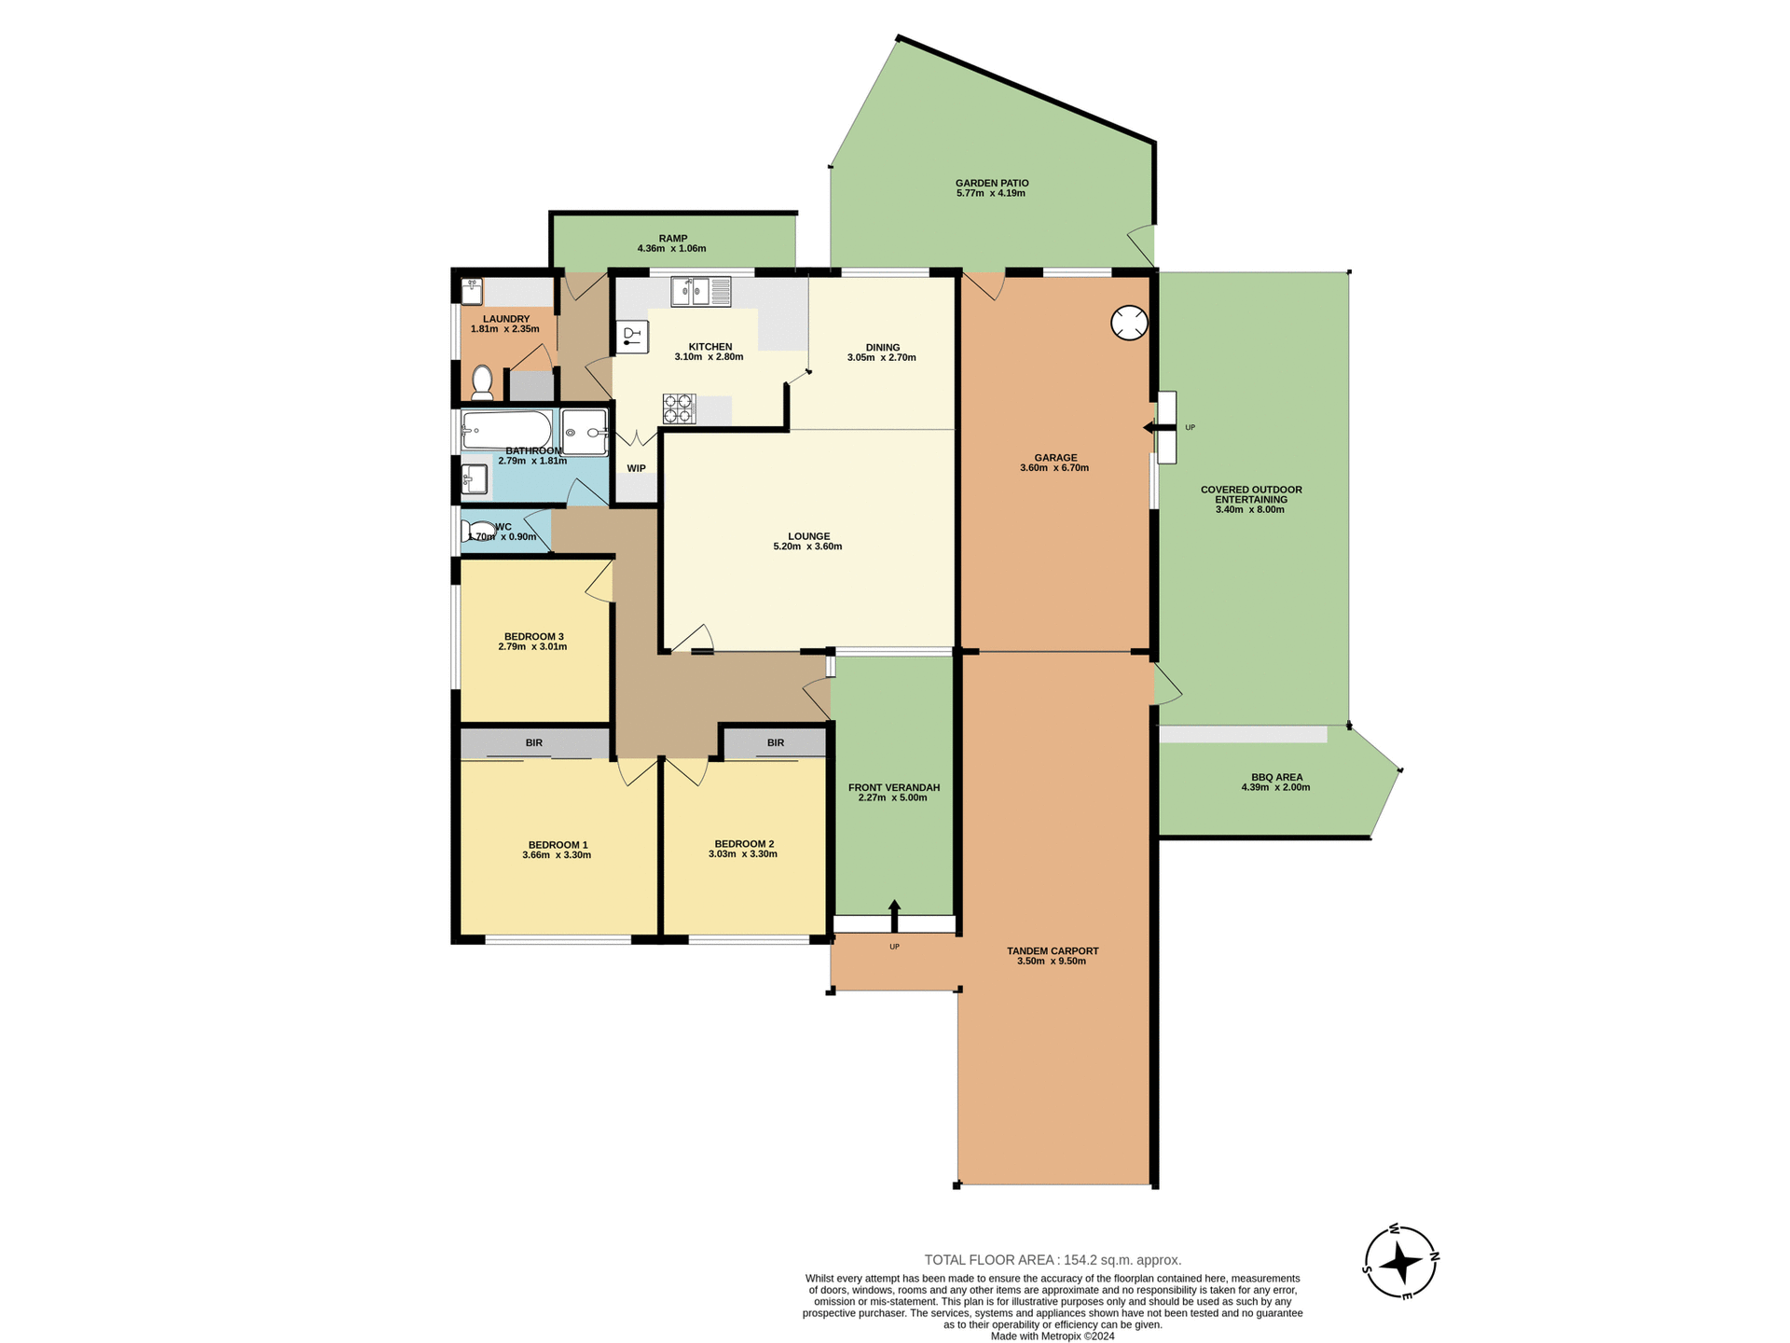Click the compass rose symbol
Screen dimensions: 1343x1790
point(1400,1263)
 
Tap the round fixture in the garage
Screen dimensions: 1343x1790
point(1129,323)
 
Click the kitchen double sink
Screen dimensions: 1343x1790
point(700,292)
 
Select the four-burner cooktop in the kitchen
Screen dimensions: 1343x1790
point(679,408)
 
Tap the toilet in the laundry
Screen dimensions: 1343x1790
point(482,381)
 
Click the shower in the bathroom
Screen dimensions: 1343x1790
point(585,433)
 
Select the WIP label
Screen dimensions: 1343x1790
point(636,468)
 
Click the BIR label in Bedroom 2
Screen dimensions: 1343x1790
point(776,742)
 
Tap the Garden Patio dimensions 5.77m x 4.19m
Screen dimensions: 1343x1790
point(990,194)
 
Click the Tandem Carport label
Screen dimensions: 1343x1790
point(1053,951)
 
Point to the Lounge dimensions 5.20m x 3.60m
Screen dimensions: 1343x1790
point(807,547)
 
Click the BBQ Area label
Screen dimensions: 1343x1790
point(1276,777)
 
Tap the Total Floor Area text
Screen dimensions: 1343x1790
point(1053,1260)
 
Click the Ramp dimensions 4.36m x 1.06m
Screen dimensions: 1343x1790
point(671,249)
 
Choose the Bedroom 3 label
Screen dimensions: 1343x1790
point(533,636)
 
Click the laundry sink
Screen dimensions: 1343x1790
point(472,291)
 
